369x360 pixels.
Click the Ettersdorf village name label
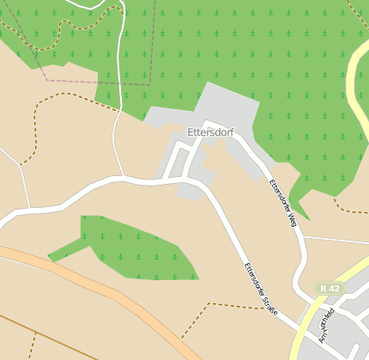pos(210,132)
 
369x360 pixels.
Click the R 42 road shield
pos(329,289)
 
